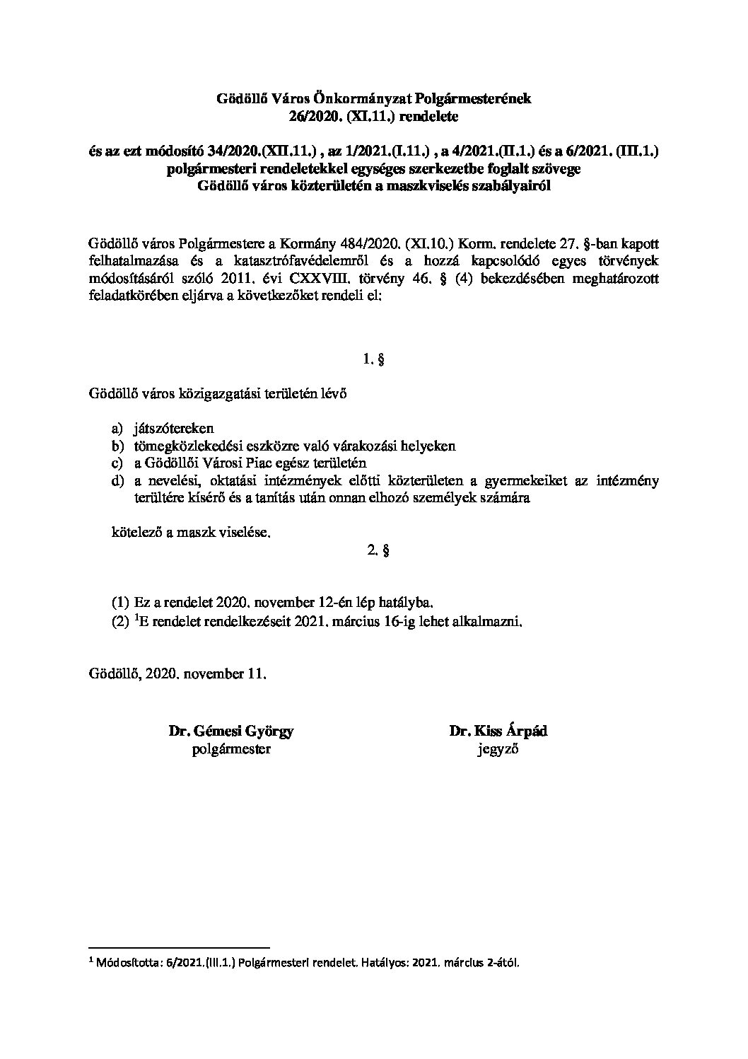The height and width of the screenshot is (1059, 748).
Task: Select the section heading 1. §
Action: (x=373, y=360)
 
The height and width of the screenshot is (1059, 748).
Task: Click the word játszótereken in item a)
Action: (x=173, y=429)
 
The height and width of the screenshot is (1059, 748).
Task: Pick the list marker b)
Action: (x=117, y=446)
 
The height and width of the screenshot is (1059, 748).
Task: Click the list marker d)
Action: (x=117, y=481)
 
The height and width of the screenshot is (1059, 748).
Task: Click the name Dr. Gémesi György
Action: (x=230, y=731)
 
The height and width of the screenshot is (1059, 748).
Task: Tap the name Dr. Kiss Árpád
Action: (x=498, y=731)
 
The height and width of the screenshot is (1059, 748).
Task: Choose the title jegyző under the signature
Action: (x=498, y=749)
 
